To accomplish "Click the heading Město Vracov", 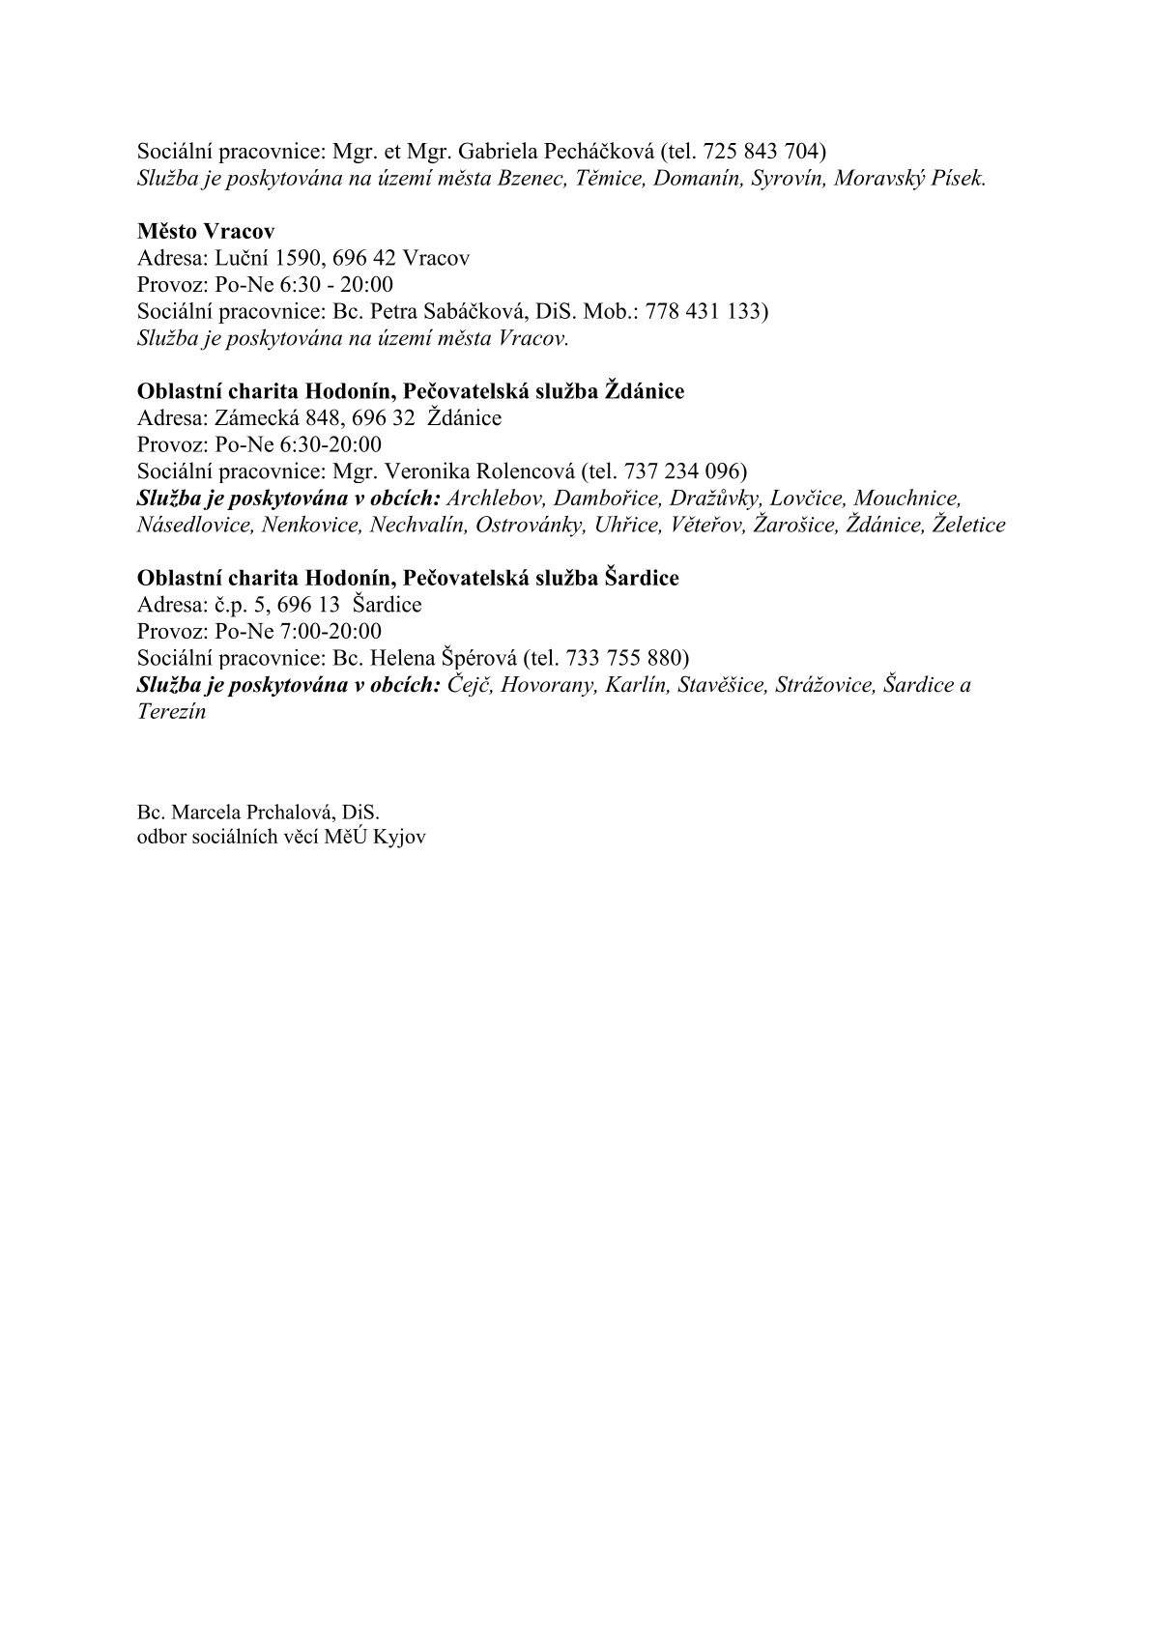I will click(206, 232).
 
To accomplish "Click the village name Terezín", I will click(171, 712).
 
